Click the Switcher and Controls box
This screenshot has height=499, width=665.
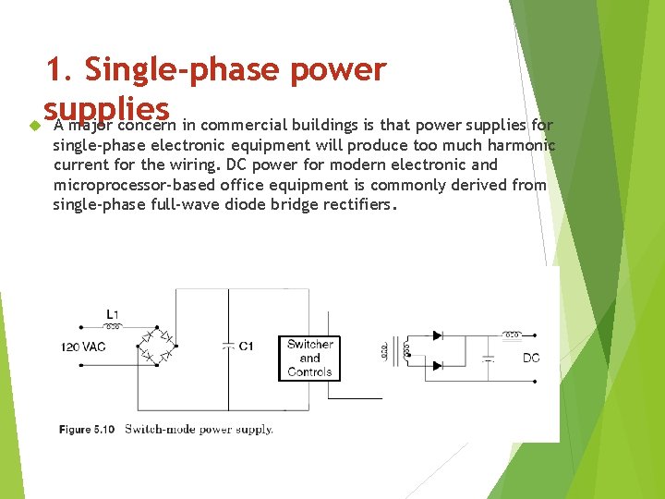coord(309,359)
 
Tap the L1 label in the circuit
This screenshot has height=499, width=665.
coord(112,314)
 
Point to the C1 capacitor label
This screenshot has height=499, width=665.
coord(246,347)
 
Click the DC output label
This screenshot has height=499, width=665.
coord(531,358)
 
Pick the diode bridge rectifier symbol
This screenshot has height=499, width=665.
coord(158,343)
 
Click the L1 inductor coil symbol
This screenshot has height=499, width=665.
coord(113,326)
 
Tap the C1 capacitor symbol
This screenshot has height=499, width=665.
coord(227,346)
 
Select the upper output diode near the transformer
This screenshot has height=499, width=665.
coord(438,334)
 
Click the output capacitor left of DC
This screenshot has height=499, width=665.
coord(489,357)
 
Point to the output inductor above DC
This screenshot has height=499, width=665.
coord(511,334)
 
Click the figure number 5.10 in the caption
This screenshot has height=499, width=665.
coord(103,429)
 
